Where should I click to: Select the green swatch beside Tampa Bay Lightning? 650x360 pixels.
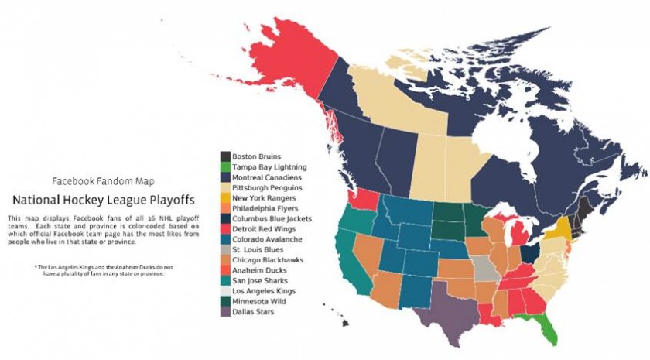tap(224, 166)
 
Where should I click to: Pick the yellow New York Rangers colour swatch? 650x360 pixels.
tap(224, 198)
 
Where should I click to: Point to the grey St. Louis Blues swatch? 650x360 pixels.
tap(224, 250)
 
